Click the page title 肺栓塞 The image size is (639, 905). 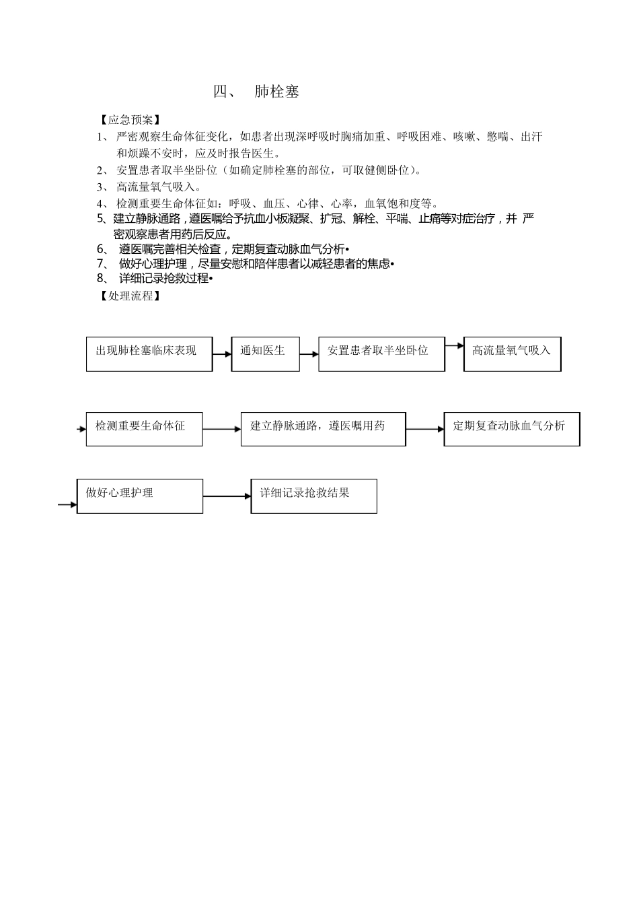tap(276, 92)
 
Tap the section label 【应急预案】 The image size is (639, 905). tap(130, 120)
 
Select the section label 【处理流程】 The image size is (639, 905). tap(130, 295)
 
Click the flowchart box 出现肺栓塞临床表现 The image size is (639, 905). tap(149, 354)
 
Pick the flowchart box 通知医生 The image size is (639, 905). tap(265, 354)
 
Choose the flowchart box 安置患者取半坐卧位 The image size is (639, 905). tap(381, 354)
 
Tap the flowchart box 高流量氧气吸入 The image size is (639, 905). tap(512, 354)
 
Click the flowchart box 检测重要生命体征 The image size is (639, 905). tap(144, 429)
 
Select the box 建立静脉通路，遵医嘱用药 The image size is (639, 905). tap(323, 429)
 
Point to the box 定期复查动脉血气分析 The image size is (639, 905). tap(511, 429)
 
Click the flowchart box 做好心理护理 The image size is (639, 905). tap(139, 496)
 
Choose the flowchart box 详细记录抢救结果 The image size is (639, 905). tap(313, 496)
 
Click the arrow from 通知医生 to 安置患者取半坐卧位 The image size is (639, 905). tap(309, 355)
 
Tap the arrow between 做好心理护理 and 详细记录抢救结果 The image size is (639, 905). tap(227, 497)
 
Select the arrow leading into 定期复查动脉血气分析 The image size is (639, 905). tap(424, 429)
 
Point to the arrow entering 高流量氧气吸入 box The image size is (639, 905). tap(455, 346)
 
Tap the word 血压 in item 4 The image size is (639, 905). tap(274, 203)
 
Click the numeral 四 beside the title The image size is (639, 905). tap(221, 92)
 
